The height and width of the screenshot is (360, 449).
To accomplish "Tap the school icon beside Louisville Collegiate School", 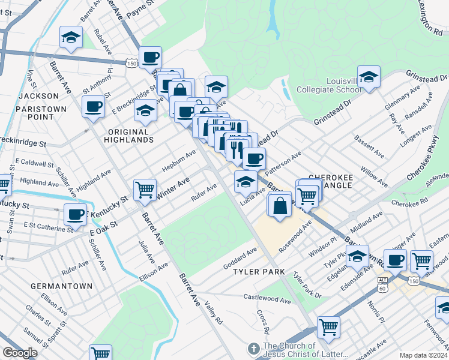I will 369,77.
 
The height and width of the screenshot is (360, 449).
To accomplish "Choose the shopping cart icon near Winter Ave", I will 145,190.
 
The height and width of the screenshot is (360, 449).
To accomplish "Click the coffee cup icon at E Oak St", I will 76,214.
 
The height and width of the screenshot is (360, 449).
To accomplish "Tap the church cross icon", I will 254,349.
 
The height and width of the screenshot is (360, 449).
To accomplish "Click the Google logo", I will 19,353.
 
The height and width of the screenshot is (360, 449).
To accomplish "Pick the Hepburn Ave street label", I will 179,160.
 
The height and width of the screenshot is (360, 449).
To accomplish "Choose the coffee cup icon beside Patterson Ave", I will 255,158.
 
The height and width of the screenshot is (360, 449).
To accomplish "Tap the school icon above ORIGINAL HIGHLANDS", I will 144,110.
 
